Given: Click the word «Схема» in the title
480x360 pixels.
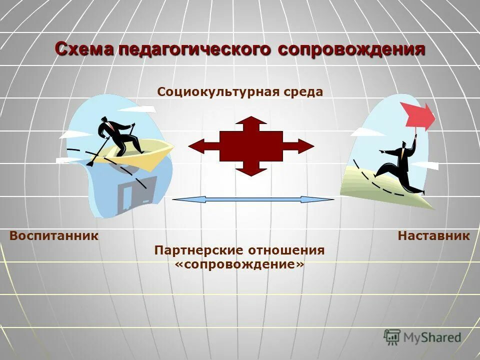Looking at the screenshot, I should click(85, 49).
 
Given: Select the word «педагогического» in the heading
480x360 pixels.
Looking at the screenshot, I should click(196, 49).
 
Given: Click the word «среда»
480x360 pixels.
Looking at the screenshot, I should click(304, 92).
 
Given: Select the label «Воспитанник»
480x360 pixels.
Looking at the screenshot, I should click(54, 235).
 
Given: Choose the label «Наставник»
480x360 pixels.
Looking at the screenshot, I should click(433, 235).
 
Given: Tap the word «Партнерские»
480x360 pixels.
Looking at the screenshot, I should click(194, 250).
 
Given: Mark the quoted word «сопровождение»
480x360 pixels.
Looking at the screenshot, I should click(239, 264).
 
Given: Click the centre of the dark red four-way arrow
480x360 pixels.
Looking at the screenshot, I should click(251, 146).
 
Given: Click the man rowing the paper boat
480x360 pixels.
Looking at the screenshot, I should click(119, 133).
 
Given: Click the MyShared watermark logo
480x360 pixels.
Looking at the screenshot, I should click(422, 337).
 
